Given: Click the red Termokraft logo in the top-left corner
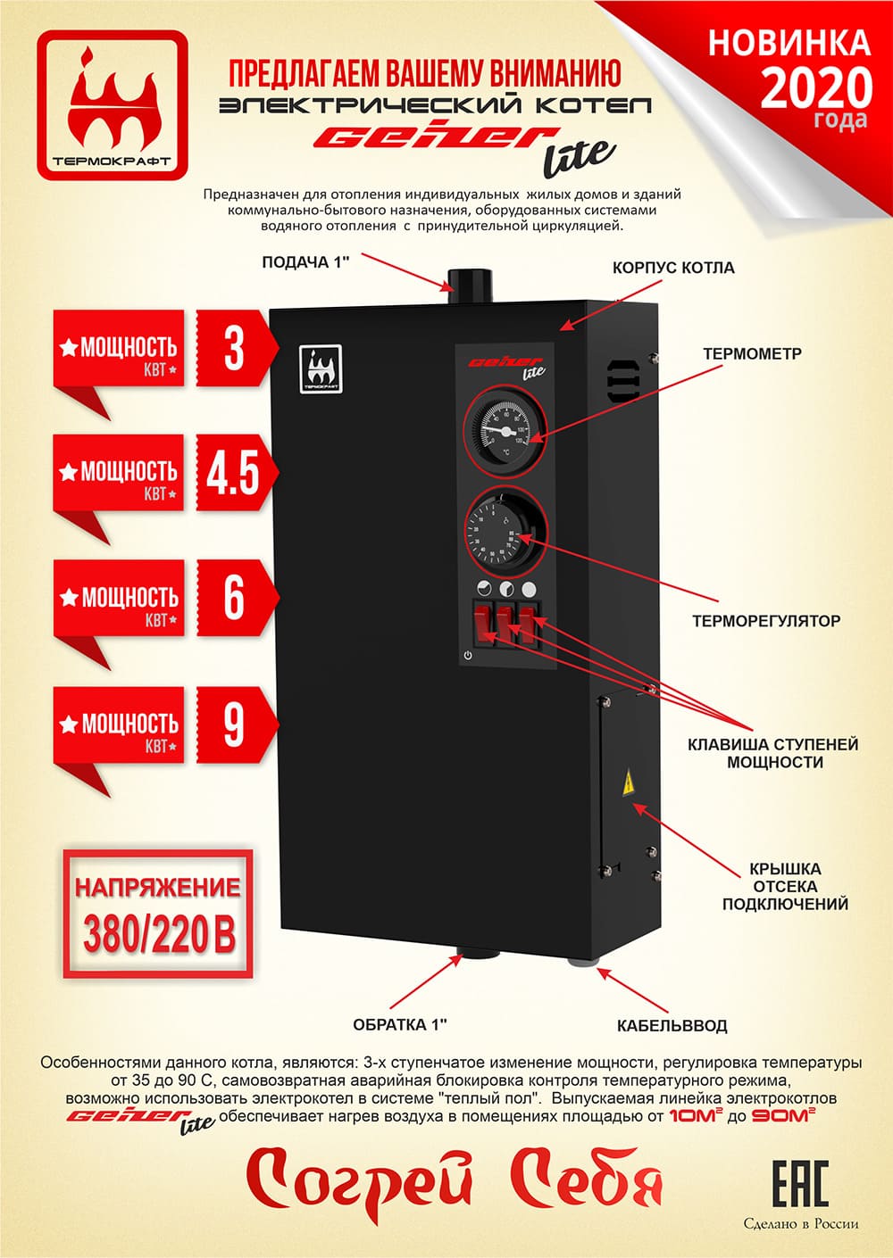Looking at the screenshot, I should (113, 104).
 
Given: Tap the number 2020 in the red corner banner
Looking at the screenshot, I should (816, 87).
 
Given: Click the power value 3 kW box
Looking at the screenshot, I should (233, 348).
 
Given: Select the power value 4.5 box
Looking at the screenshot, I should (233, 473).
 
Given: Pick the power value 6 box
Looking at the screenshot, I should (233, 598).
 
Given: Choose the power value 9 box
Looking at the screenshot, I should (233, 724).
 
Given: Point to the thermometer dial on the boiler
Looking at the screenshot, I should (498, 426).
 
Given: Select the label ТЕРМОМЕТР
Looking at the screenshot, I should (752, 353).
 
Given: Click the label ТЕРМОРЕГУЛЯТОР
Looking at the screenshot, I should (765, 620).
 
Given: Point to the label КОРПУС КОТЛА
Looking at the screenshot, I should (673, 268).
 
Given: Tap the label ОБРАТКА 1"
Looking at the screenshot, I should (399, 1024).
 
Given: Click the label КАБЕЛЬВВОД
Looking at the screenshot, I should (672, 1025).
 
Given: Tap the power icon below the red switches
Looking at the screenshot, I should (468, 656).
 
